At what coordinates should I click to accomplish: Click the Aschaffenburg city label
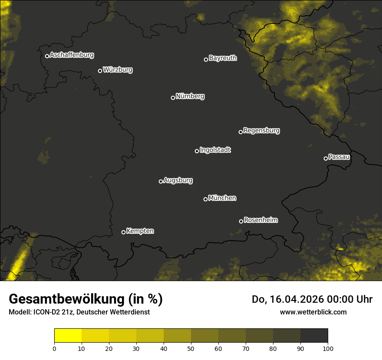click(x=72, y=55)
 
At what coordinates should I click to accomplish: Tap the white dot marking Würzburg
click(x=100, y=71)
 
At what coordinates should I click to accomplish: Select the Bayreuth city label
click(x=223, y=58)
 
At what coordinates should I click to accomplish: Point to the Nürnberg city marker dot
click(x=173, y=98)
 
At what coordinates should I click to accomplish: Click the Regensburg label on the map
click(x=261, y=131)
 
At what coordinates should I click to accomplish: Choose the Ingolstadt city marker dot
click(x=197, y=151)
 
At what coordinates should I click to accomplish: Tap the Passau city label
click(x=339, y=157)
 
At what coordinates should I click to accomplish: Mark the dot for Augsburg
click(x=161, y=181)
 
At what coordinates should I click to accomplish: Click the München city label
click(x=222, y=198)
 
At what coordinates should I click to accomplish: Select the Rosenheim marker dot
click(x=241, y=222)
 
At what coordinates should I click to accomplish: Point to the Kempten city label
click(x=140, y=231)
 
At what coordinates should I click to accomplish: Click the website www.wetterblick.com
click(x=313, y=312)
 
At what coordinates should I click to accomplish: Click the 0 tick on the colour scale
click(x=54, y=348)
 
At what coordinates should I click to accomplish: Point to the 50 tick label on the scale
click(x=191, y=348)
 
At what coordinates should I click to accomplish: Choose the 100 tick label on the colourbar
click(x=328, y=348)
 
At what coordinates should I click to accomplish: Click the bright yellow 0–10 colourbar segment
click(x=68, y=335)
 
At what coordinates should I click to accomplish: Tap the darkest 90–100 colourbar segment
click(x=314, y=335)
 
